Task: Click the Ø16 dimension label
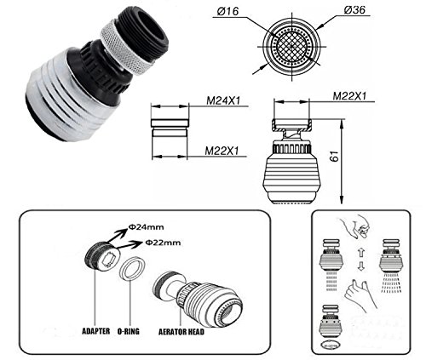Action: click(x=227, y=11)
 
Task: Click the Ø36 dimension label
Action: click(x=354, y=10)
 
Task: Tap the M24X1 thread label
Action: click(x=223, y=100)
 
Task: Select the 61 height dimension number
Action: click(x=335, y=157)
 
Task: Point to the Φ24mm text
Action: click(x=146, y=227)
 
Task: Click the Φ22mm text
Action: click(x=163, y=243)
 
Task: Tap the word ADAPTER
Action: click(x=96, y=331)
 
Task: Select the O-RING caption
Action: click(x=129, y=331)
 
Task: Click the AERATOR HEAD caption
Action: click(x=181, y=331)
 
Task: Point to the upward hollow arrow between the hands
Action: click(x=360, y=252)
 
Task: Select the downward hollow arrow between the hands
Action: click(x=360, y=266)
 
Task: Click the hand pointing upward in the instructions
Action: click(x=360, y=295)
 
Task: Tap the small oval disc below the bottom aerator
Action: click(x=330, y=346)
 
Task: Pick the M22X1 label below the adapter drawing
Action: click(x=222, y=151)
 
